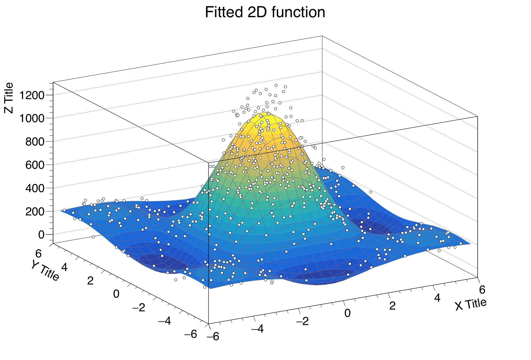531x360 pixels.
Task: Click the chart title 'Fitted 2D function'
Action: tap(265, 13)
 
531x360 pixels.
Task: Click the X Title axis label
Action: tap(471, 304)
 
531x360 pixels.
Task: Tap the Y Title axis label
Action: tap(45, 270)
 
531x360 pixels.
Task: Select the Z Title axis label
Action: tap(9, 98)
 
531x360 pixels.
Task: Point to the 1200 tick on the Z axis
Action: tap(32, 95)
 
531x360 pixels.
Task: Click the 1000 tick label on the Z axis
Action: tap(32, 118)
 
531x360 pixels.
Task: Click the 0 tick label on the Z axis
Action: tap(41, 235)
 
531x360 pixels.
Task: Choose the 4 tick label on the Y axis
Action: tap(64, 267)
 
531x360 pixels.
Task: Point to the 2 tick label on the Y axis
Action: tap(90, 281)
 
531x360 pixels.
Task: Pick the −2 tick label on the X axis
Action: tap(302, 321)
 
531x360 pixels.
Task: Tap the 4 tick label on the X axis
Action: tap(437, 298)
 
